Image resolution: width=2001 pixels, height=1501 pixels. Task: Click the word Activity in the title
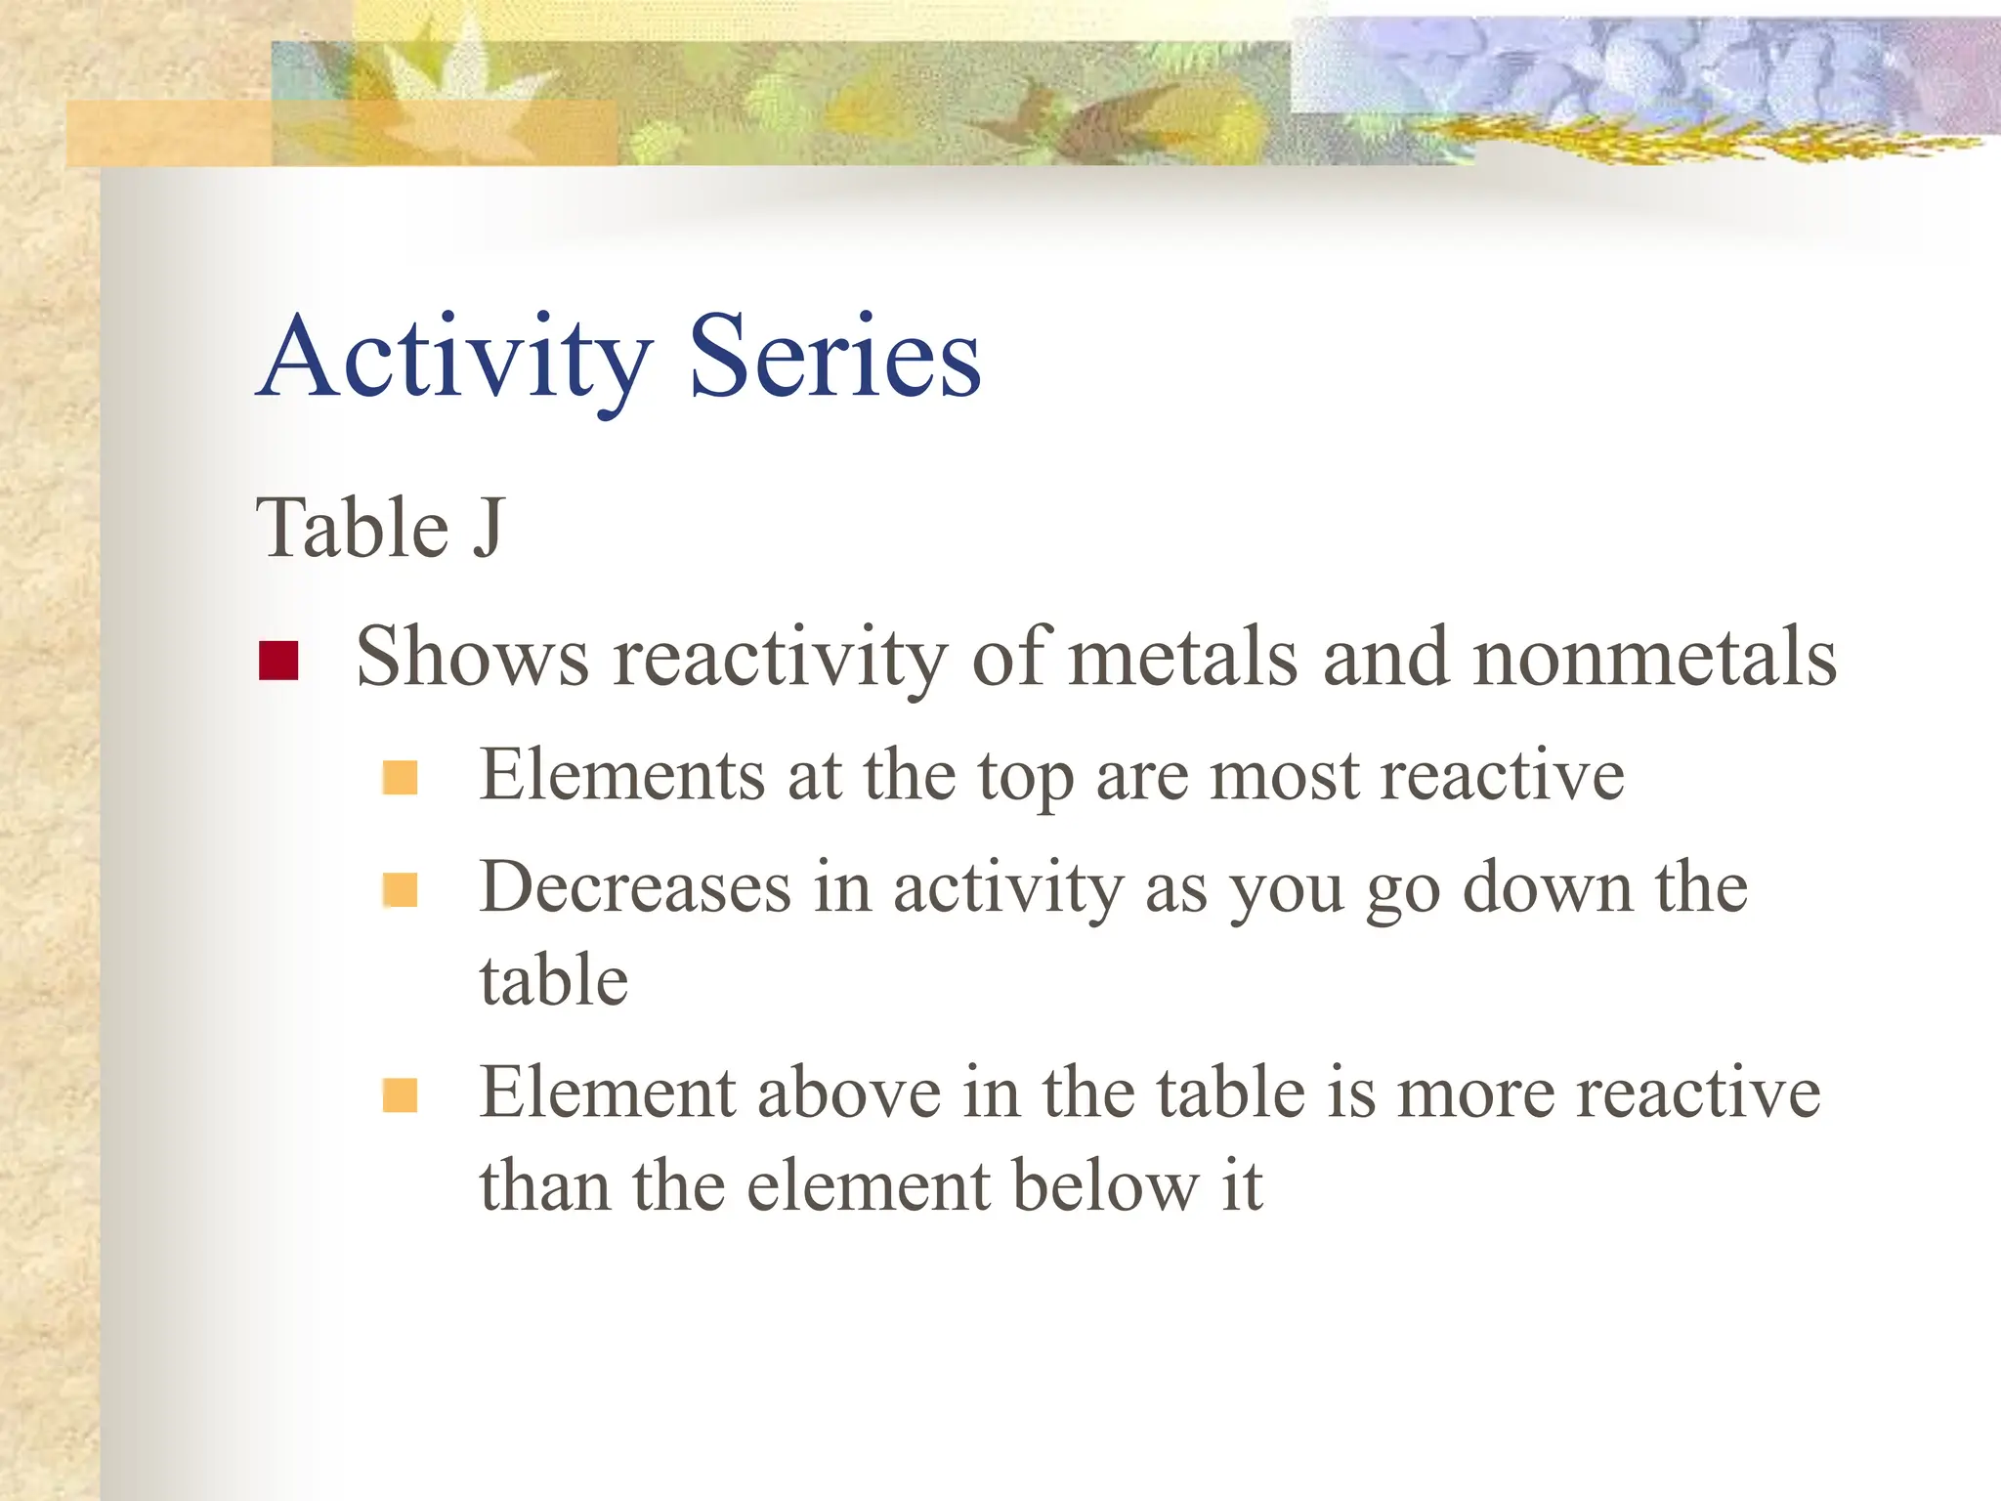[455, 358]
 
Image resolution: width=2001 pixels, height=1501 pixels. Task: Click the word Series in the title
[834, 358]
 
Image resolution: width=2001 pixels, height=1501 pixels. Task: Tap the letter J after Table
[489, 529]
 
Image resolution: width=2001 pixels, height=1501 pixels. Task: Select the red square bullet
[278, 661]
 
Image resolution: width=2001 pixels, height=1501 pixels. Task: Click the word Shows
[472, 657]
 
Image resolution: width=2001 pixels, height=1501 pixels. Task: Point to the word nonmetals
[1654, 657]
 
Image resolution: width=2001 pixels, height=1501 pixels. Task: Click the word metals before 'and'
[1183, 657]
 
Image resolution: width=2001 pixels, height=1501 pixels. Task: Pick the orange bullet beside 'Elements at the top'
[401, 779]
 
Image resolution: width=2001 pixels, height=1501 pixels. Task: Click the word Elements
[621, 775]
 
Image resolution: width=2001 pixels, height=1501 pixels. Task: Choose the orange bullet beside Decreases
[401, 890]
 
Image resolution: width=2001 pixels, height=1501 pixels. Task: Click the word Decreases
[635, 888]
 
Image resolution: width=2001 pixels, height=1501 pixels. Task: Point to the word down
[1547, 888]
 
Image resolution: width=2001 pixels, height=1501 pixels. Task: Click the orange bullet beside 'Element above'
[401, 1095]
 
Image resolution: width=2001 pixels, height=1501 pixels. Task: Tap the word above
[848, 1093]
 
